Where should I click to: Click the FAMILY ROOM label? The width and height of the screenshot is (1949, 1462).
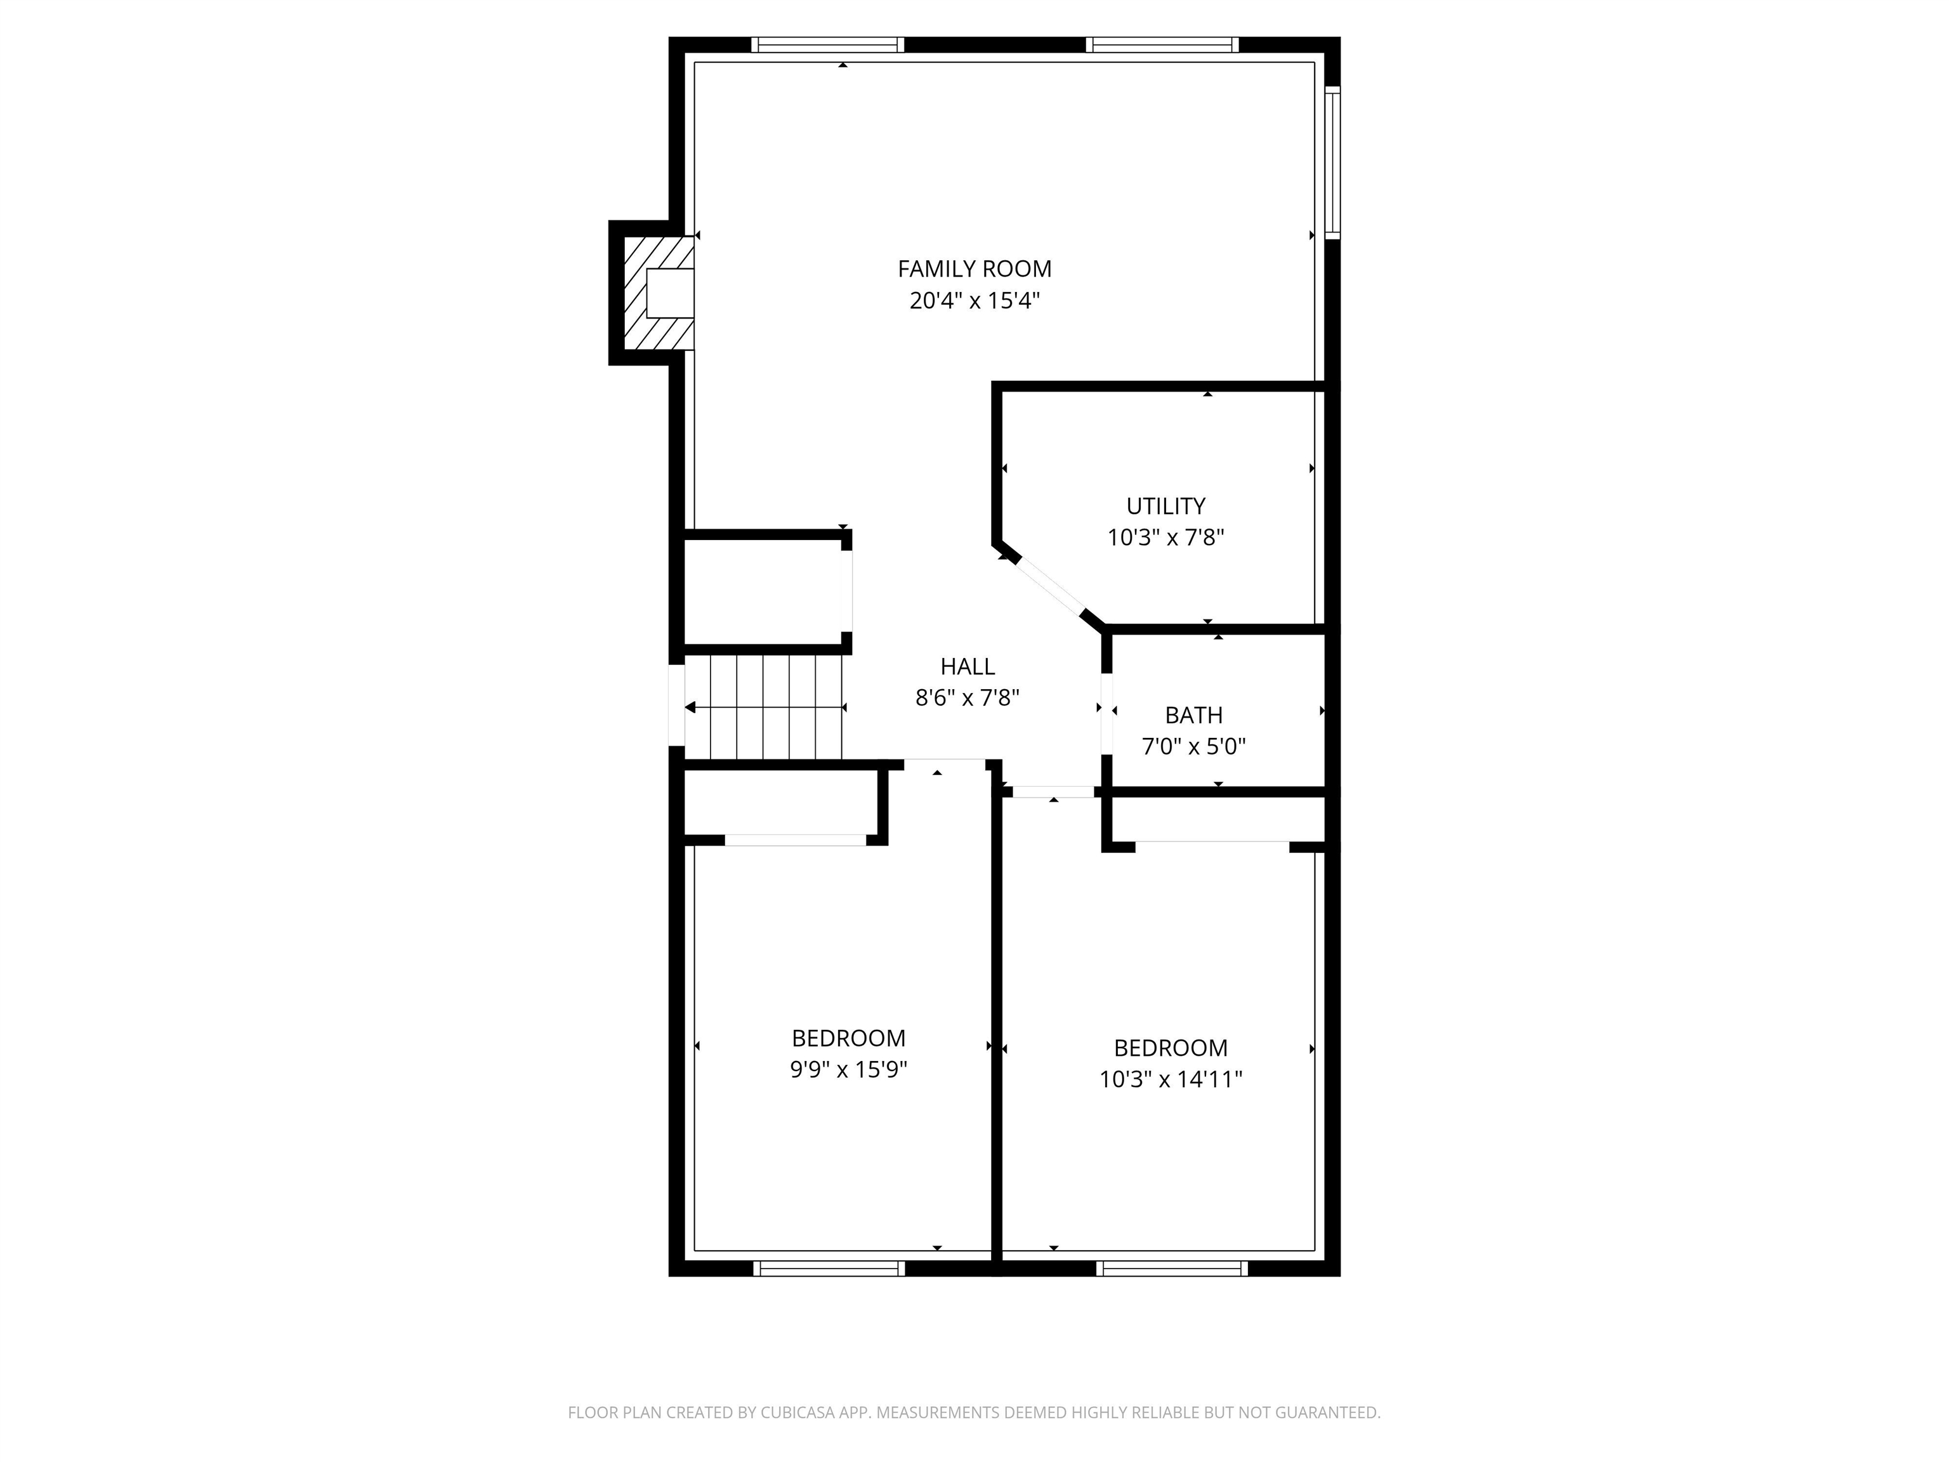(974, 269)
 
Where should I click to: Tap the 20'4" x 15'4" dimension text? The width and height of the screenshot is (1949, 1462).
(974, 301)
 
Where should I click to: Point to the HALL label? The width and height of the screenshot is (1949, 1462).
(968, 666)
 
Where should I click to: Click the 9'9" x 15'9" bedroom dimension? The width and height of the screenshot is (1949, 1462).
(848, 1070)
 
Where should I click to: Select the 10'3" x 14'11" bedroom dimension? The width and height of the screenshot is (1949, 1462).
(1171, 1079)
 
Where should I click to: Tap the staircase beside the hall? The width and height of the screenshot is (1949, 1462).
(764, 707)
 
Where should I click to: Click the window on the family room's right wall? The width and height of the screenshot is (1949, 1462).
(1333, 163)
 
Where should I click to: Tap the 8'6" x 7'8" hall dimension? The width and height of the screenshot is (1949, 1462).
(968, 699)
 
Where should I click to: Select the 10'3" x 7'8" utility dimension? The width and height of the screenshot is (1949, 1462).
(1165, 537)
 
